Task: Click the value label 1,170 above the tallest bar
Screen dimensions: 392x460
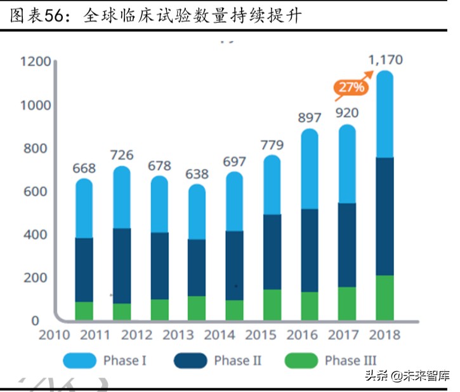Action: pos(385,60)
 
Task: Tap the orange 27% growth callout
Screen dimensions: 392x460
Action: pos(350,88)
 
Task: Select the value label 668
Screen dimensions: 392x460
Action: pos(84,168)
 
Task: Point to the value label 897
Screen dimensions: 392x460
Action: pos(309,118)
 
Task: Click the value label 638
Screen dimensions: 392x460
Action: pos(197,173)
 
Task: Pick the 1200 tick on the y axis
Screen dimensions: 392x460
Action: pos(35,62)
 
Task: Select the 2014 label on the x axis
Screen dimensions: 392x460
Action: pos(220,335)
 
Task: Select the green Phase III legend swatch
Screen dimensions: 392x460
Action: pos(301,362)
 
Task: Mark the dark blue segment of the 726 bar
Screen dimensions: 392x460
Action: pos(122,266)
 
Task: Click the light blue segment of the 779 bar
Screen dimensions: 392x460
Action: pos(272,184)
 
